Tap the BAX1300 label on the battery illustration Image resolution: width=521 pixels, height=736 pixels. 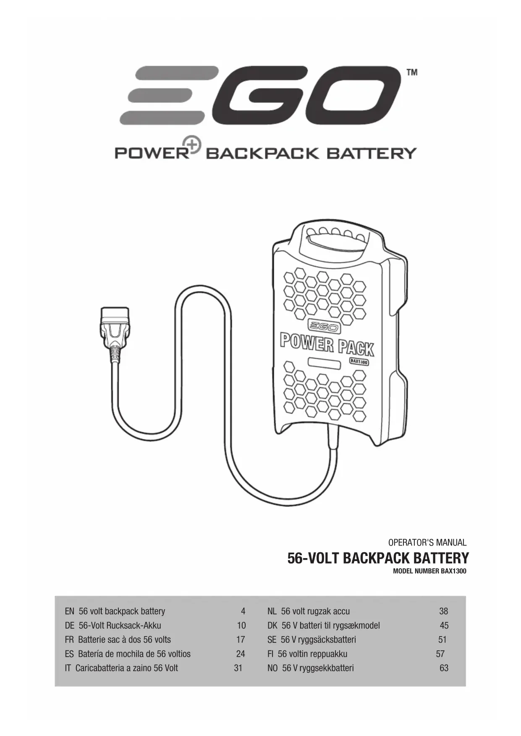click(x=359, y=361)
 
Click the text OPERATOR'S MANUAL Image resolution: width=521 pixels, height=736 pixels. click(x=427, y=542)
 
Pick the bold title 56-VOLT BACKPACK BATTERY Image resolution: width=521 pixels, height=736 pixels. click(x=378, y=558)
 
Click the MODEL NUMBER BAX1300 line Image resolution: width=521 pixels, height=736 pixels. click(x=429, y=571)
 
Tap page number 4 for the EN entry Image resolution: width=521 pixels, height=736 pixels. click(x=243, y=611)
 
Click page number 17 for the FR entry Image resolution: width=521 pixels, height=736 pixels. click(x=240, y=639)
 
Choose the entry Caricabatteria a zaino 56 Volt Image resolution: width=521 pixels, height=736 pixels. click(x=126, y=668)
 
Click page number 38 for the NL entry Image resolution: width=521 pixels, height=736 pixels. click(x=443, y=611)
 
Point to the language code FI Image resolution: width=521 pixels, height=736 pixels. click(x=270, y=654)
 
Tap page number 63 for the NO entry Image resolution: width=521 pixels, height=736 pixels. click(x=444, y=668)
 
